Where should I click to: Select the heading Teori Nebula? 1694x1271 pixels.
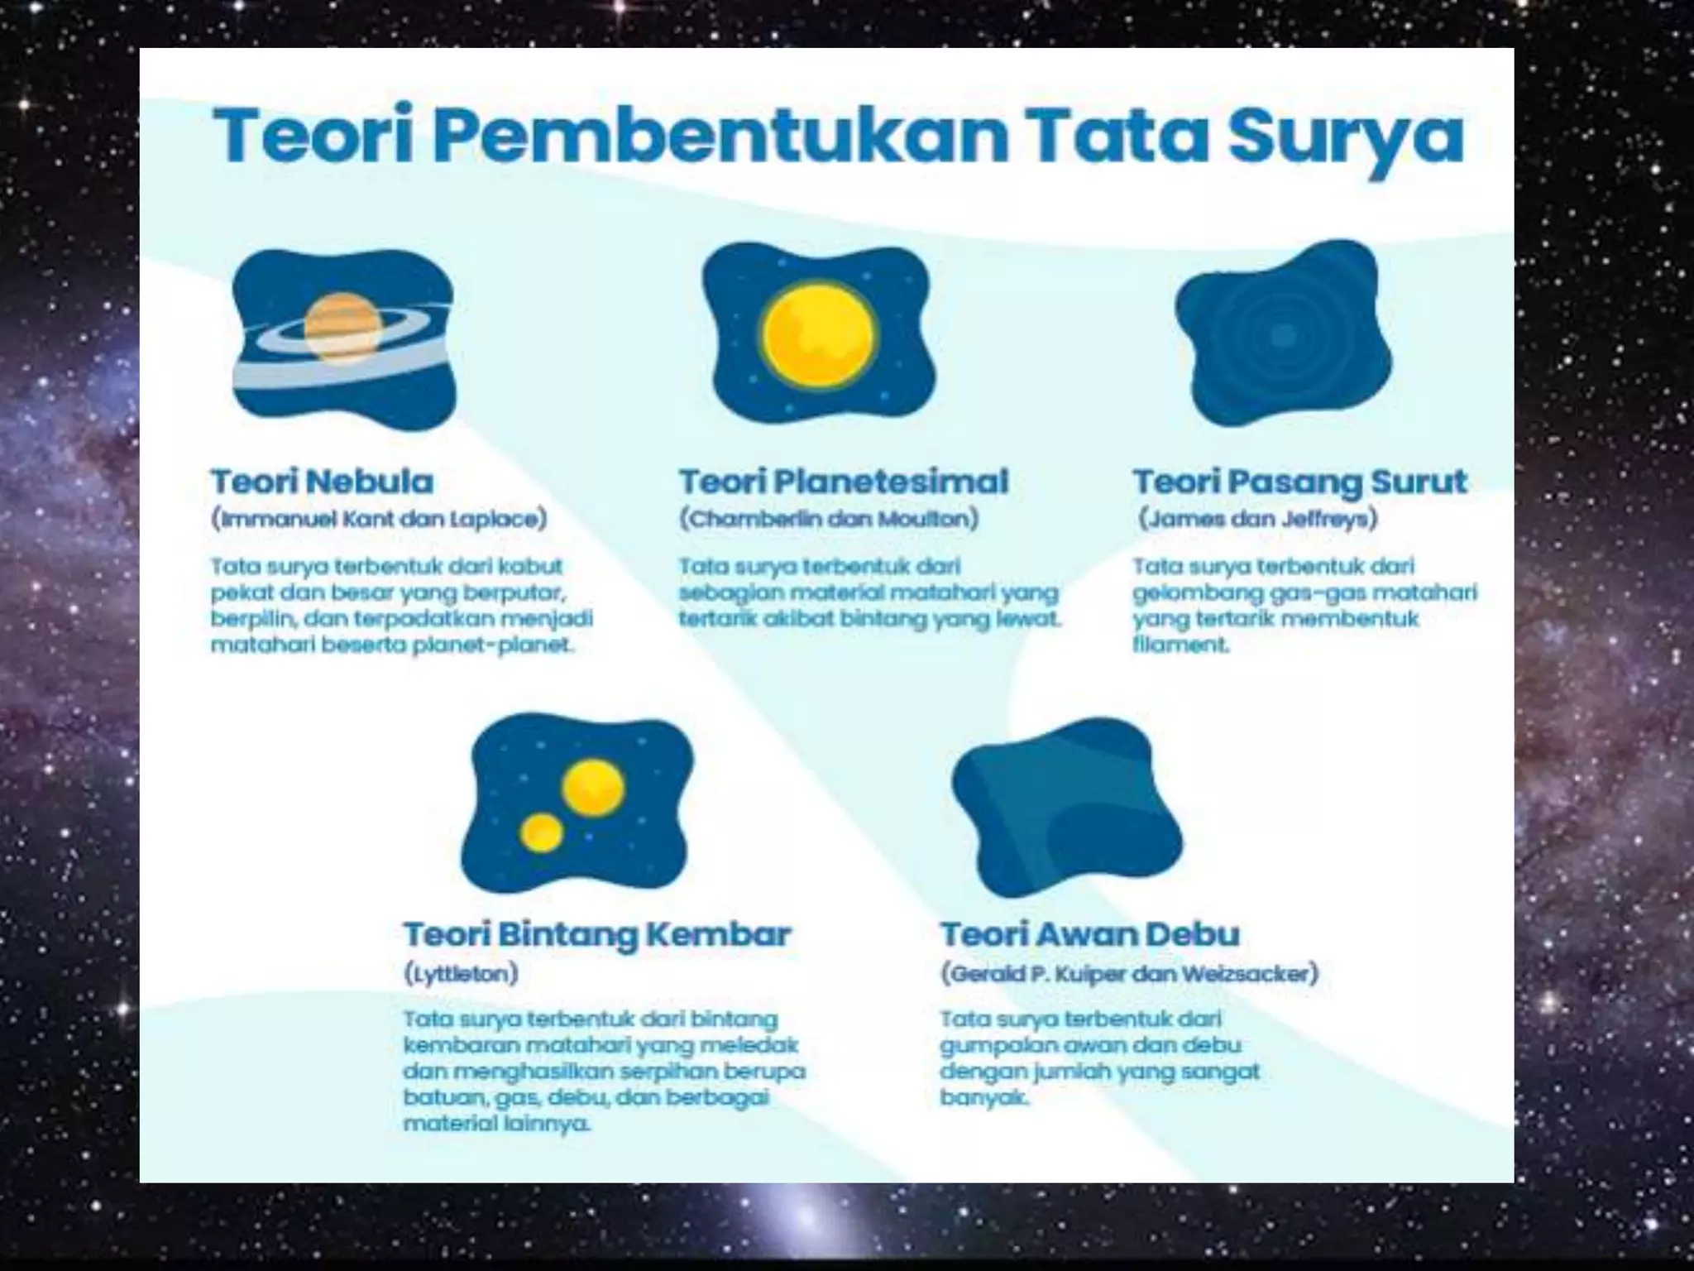click(x=323, y=482)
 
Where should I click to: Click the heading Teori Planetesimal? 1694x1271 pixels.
click(x=844, y=482)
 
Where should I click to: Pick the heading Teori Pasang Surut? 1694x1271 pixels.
click(x=1299, y=482)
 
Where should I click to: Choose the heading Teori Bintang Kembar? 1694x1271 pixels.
click(x=597, y=934)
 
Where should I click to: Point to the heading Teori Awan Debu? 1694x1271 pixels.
click(x=1090, y=934)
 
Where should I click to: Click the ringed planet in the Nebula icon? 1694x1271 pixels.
click(x=342, y=329)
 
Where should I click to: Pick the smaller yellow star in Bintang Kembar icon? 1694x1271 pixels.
click(x=542, y=832)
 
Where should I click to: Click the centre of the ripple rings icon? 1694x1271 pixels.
click(x=1283, y=335)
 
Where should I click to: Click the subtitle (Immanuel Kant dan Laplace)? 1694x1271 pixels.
click(x=380, y=520)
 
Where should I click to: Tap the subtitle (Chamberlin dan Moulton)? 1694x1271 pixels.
click(x=829, y=520)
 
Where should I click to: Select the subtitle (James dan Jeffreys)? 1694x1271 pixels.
click(x=1258, y=520)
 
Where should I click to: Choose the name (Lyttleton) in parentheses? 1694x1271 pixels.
click(x=461, y=973)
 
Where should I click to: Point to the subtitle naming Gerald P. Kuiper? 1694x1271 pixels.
click(x=1129, y=973)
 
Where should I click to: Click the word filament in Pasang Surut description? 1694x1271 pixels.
click(x=1180, y=645)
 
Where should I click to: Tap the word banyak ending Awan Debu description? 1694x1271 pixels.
click(x=983, y=1098)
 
